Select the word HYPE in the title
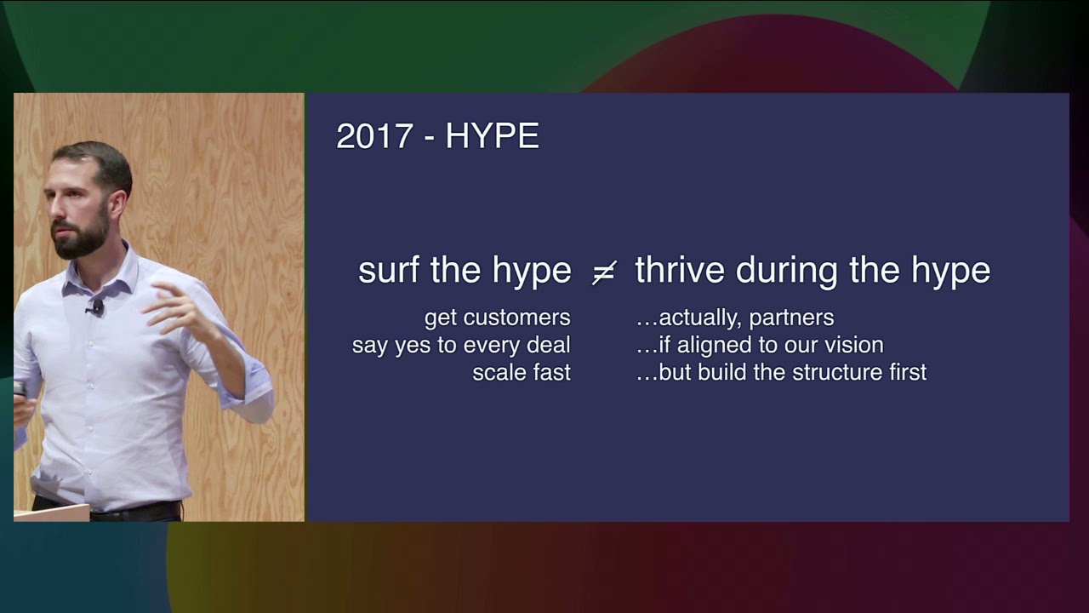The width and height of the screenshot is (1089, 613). tap(492, 137)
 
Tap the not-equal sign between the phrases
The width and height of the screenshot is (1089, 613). tap(603, 272)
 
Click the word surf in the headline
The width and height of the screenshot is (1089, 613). tap(390, 271)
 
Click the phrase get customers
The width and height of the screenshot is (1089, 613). tap(497, 318)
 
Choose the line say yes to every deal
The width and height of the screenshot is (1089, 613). tap(461, 346)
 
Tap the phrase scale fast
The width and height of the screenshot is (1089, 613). tap(521, 373)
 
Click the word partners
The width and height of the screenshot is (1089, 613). tap(791, 318)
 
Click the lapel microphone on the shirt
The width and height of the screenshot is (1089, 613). tap(97, 306)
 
